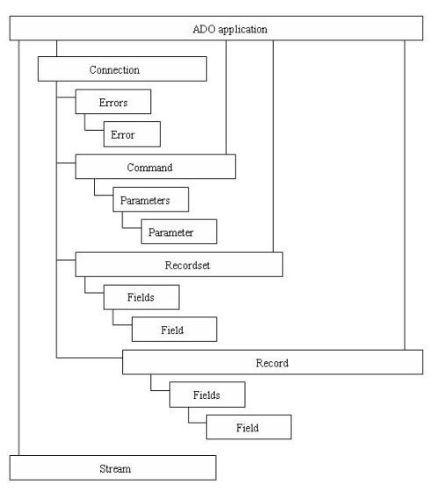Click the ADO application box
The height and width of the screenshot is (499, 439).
point(216,28)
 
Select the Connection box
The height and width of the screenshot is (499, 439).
point(122,69)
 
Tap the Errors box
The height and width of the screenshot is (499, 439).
point(113,102)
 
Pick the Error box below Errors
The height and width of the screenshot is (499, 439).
point(132,134)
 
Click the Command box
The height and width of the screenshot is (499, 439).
point(155,167)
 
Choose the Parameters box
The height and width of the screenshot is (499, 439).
point(151,200)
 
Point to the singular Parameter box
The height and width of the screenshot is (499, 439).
point(179,232)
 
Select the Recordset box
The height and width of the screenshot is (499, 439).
point(179,265)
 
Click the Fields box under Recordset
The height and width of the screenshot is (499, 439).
point(141,297)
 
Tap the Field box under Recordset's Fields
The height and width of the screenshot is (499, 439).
point(174,330)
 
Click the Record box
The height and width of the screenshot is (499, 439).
point(273,362)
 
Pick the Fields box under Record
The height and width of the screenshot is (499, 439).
point(207,395)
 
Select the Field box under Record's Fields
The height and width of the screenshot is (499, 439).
point(248,427)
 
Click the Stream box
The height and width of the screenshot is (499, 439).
point(112,467)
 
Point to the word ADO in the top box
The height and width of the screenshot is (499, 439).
point(204,29)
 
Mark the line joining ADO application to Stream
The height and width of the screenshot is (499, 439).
point(18,248)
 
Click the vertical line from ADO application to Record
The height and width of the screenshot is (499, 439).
point(405,195)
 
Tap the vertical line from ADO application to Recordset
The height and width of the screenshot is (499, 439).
point(273,146)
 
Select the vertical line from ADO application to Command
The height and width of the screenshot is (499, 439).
point(227,97)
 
